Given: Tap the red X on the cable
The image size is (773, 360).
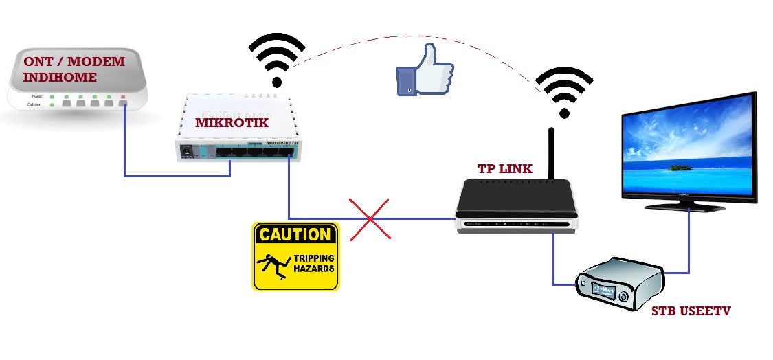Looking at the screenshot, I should tap(370, 219).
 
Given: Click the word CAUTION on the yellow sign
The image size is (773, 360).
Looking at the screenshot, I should tap(295, 234).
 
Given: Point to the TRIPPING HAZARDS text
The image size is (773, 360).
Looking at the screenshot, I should tap(314, 263).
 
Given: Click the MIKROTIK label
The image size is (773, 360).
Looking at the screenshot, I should tap(231, 123).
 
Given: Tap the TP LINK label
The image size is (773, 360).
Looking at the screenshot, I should tap(505, 168).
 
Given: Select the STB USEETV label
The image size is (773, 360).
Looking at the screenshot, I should tap(691, 311).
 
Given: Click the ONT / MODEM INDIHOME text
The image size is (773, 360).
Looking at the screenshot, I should tap(74, 69).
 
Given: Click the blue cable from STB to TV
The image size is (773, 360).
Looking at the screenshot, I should tap(688, 247).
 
